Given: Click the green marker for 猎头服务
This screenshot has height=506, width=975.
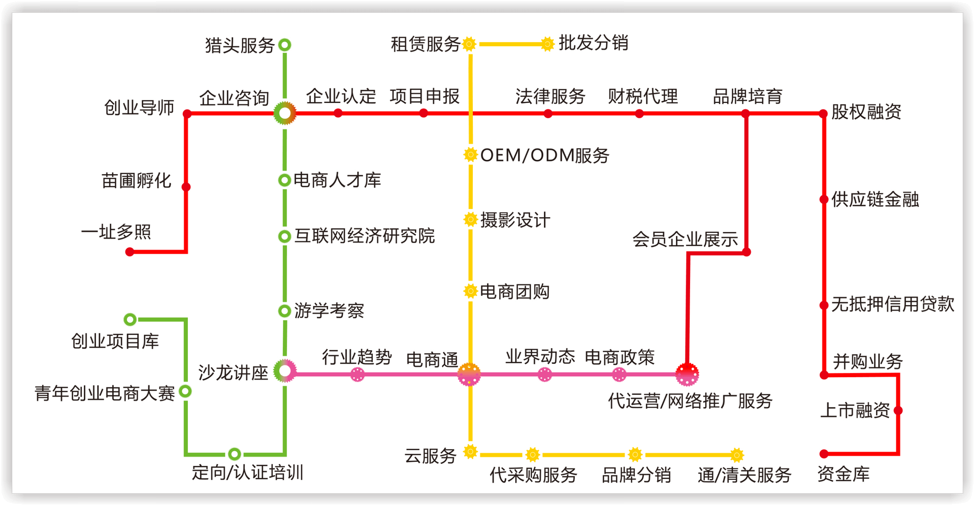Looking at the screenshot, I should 285,45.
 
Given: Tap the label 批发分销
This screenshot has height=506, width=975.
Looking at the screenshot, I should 593,43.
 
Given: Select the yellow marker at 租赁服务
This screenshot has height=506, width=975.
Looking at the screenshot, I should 470,44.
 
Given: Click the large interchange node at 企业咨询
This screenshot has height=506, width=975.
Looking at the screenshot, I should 285,113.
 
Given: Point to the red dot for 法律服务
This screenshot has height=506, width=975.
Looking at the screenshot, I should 548,114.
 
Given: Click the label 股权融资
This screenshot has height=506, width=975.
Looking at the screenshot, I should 866,112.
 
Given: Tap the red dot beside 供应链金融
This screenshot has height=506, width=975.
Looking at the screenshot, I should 824,199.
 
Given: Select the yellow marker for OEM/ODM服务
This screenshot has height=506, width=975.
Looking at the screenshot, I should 471,154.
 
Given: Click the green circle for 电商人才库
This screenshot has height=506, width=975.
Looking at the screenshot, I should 284,180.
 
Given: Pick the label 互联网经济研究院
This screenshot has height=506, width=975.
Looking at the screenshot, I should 365,236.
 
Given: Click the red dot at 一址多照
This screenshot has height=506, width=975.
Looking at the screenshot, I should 130,252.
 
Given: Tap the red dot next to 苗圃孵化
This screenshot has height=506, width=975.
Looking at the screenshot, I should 186,187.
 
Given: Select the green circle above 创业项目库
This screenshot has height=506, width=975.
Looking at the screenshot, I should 131,319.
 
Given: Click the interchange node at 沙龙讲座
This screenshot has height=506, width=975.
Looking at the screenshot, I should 285,371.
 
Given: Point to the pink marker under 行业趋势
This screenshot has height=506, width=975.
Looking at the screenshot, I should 357,375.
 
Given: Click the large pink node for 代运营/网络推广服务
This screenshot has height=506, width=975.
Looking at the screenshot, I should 687,375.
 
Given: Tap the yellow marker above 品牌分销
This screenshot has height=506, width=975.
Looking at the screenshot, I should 635,454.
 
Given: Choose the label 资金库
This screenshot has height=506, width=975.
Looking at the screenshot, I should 843,474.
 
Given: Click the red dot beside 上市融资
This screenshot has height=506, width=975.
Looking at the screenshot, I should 898,410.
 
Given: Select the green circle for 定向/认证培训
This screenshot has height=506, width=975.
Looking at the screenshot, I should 234,454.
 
